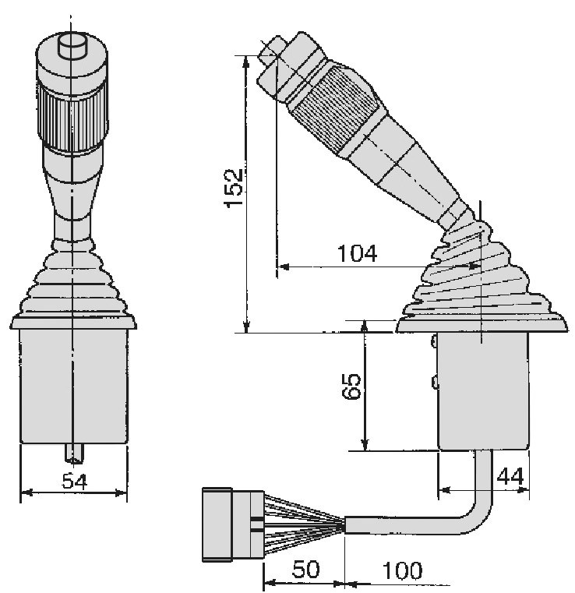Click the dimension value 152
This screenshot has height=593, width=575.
(233, 188)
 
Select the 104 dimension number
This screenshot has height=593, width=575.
(357, 253)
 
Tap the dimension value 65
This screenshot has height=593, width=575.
(351, 386)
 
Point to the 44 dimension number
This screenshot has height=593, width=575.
(510, 477)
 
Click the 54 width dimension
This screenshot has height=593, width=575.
(75, 481)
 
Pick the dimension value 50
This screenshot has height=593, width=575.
(306, 569)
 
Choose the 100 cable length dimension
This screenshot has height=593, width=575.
(402, 570)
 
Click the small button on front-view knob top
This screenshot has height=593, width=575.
(72, 46)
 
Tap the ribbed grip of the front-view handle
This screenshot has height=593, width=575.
(72, 115)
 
